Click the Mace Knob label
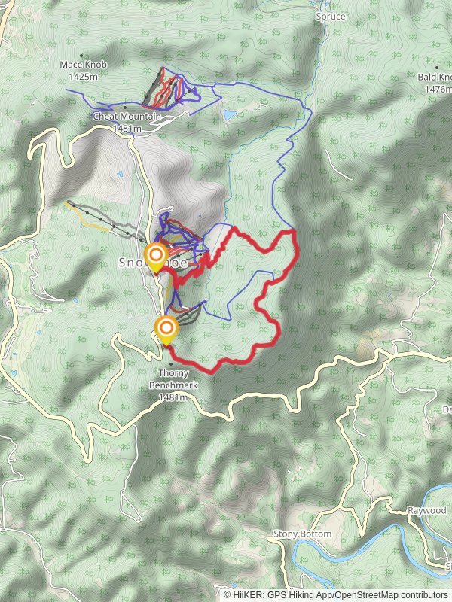click(84, 65)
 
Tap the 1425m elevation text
click(84, 76)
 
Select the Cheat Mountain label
click(127, 117)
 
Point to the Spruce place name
click(331, 16)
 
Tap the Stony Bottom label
click(302, 534)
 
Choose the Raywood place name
click(427, 511)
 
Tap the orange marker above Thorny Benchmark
click(166, 328)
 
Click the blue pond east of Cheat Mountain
click(228, 114)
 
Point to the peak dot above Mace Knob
click(81, 56)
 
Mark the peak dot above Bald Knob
click(436, 68)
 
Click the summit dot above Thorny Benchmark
click(170, 365)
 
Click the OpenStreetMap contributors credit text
click(391, 594)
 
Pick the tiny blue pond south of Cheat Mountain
click(121, 175)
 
